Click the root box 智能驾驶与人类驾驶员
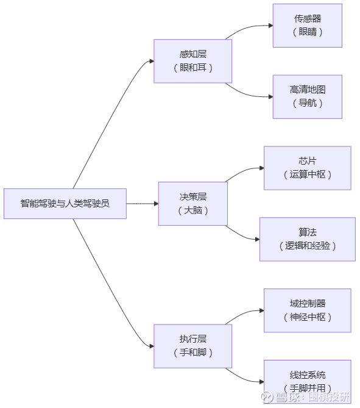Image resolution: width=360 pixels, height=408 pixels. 65,204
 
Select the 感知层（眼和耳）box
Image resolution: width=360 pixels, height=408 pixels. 193,61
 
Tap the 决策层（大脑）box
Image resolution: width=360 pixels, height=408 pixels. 193,204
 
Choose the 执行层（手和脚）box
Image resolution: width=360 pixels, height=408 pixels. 193,346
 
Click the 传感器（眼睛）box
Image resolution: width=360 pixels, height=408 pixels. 308,26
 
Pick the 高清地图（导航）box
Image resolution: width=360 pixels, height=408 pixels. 308,97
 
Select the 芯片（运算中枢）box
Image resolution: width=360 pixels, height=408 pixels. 308,168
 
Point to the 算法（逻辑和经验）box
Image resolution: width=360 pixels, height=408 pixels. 308,239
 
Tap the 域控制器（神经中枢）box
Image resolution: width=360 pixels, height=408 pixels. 308,310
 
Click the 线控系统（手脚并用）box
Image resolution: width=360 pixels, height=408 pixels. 308,382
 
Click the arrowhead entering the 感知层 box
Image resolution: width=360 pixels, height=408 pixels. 152,61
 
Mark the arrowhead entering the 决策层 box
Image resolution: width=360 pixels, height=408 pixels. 156,204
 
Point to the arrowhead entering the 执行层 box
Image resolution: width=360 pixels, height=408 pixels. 152,346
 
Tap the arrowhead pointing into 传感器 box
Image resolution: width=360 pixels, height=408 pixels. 270,26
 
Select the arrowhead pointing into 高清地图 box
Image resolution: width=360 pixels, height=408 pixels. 270,97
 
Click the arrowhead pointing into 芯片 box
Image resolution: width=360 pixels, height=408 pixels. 262,168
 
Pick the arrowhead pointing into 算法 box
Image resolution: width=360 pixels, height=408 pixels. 257,239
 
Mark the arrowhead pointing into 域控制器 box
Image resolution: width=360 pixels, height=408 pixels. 262,310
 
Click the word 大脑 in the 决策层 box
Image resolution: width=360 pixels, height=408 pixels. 193,210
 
